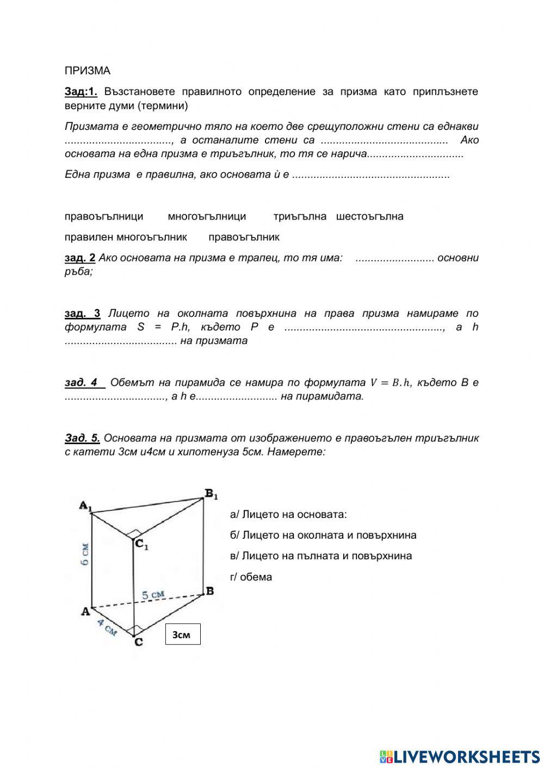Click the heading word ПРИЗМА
tap(87, 71)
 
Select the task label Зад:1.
tap(81, 91)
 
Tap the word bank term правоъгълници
tap(104, 216)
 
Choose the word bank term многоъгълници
tap(207, 216)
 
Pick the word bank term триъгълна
tap(300, 216)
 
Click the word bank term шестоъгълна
tap(370, 216)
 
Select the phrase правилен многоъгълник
tap(126, 237)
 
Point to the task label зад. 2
tap(80, 258)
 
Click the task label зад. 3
tap(82, 313)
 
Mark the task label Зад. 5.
tap(82, 438)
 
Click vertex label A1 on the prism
tap(85, 506)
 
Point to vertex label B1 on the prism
tap(211, 494)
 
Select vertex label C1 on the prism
tap(141, 544)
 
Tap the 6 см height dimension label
tap(85, 554)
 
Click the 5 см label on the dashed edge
tap(153, 595)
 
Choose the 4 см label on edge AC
tap(107, 627)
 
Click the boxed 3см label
tap(183, 634)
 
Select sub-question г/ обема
tap(251, 577)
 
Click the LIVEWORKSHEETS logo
tap(460, 756)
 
